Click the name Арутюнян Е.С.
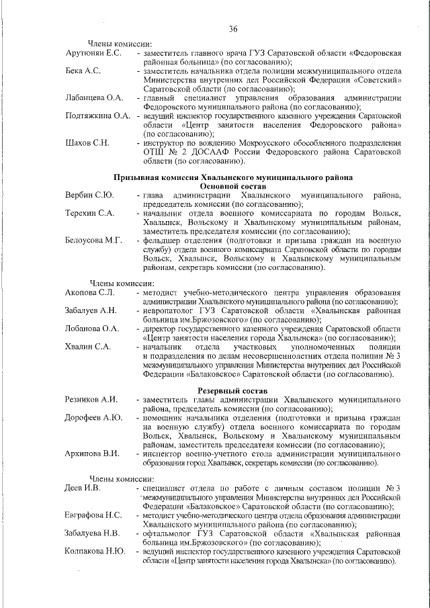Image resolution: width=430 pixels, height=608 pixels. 93,53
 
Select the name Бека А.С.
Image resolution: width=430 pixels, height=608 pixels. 83,71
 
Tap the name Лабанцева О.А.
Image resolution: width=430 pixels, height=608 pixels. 95,97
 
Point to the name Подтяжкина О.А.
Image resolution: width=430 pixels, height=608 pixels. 98,116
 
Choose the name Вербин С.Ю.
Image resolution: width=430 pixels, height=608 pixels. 89,196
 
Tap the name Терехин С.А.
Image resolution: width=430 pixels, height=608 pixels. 90,213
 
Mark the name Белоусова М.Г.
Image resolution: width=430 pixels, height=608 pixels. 93,240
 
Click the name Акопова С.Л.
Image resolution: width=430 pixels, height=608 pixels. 91,293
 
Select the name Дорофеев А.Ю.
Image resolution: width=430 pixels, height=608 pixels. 94,417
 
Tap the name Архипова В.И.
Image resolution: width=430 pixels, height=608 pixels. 93,453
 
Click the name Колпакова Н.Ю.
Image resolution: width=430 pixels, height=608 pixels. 95,551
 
